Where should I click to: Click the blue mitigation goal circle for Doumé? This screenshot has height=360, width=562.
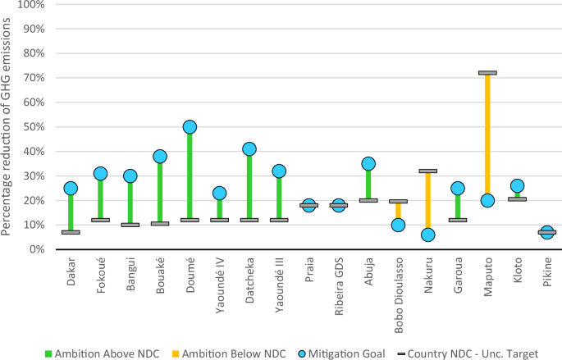[190, 127]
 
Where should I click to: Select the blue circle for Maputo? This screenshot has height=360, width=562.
[487, 201]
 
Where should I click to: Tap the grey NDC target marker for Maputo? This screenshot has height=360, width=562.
[487, 73]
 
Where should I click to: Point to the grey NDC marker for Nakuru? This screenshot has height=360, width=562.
[428, 171]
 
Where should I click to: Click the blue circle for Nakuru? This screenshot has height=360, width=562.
[428, 235]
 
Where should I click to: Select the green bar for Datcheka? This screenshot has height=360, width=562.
[249, 187]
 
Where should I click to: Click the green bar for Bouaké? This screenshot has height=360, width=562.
[160, 192]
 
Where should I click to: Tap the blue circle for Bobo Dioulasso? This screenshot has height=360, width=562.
[398, 226]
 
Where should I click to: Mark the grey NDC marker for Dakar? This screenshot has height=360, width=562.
[71, 232]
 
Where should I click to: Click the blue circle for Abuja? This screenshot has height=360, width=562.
[368, 164]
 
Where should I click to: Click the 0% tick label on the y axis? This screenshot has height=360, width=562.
[37, 249]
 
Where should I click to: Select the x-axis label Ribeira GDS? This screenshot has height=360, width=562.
[339, 286]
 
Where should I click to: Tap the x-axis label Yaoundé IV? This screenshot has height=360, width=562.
[220, 285]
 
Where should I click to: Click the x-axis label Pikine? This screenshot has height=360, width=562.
[547, 272]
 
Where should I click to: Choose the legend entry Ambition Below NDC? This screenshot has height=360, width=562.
[229, 354]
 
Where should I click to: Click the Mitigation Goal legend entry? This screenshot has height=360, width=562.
[341, 354]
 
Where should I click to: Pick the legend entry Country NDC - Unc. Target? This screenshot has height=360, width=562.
[468, 354]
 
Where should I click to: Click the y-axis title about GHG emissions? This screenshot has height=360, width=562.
[6, 126]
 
